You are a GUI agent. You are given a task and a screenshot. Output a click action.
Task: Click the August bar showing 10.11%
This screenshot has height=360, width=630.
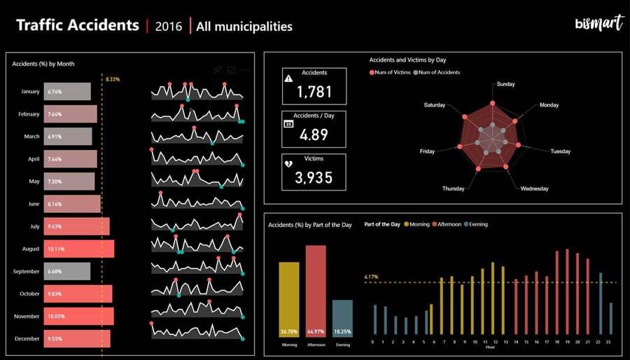pyautogui.click(x=79, y=249)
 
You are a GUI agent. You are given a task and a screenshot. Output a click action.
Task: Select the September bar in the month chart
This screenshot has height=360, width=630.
pyautogui.click(x=67, y=271)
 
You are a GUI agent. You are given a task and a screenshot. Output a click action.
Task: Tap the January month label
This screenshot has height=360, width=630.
pyautogui.click(x=30, y=92)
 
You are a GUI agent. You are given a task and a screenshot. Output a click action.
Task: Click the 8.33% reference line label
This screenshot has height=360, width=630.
pyautogui.click(x=112, y=79)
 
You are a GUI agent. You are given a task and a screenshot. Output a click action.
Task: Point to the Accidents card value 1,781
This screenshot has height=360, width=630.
pyautogui.click(x=314, y=91)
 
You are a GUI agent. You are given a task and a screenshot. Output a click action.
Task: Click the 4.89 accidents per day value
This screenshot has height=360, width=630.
pyautogui.click(x=314, y=134)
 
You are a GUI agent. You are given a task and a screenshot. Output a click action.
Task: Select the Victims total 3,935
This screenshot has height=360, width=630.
pyautogui.click(x=314, y=177)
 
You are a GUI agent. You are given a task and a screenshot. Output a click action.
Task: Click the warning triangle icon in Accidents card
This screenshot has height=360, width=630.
pyautogui.click(x=289, y=78)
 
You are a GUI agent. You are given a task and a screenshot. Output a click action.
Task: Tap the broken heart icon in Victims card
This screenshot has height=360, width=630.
pyautogui.click(x=289, y=164)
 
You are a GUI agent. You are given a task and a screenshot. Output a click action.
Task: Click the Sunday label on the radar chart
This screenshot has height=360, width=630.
pyautogui.click(x=505, y=84)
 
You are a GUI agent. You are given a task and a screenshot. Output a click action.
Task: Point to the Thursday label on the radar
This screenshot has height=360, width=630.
pyautogui.click(x=453, y=189)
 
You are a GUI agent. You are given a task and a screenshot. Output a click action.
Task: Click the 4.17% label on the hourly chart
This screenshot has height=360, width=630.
pyautogui.click(x=371, y=277)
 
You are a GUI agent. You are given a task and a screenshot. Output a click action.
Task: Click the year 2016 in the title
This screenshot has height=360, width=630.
pyautogui.click(x=168, y=27)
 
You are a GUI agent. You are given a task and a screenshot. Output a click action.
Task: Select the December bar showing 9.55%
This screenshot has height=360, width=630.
pyautogui.click(x=77, y=338)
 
